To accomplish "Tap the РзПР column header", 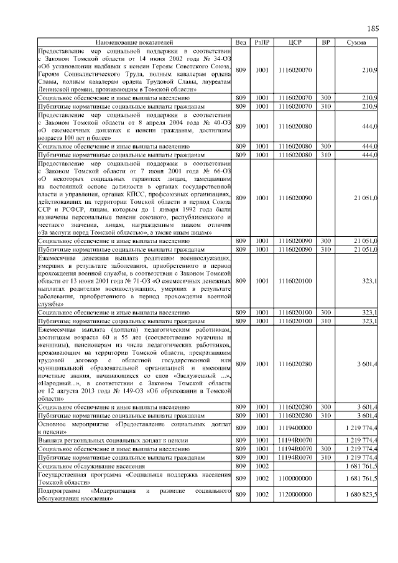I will point(262,42).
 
